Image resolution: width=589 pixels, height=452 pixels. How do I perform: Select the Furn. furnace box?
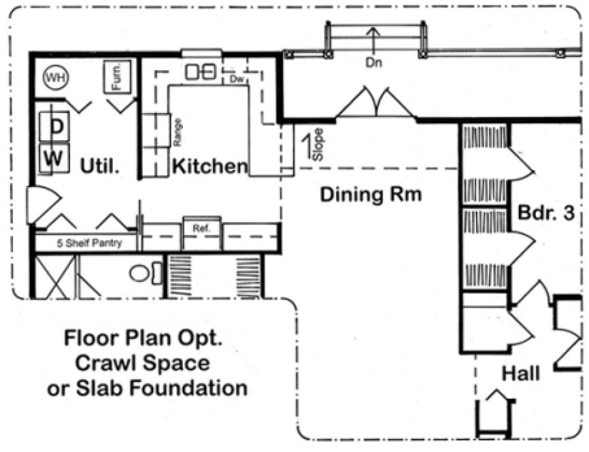click(x=116, y=76)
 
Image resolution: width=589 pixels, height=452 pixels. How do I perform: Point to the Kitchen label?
click(x=209, y=165)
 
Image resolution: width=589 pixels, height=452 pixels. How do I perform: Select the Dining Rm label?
click(x=371, y=195)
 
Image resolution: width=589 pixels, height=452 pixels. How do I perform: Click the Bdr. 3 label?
click(x=546, y=212)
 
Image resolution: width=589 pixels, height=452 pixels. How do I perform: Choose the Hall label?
click(x=521, y=373)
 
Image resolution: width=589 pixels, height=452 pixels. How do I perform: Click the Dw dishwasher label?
click(x=237, y=79)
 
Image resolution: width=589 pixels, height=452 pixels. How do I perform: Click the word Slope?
click(x=318, y=144)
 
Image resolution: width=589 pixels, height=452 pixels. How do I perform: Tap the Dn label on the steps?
click(x=373, y=63)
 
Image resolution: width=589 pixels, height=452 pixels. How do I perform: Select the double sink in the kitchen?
click(x=201, y=70)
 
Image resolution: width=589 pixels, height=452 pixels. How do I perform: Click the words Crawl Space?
click(x=142, y=363)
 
